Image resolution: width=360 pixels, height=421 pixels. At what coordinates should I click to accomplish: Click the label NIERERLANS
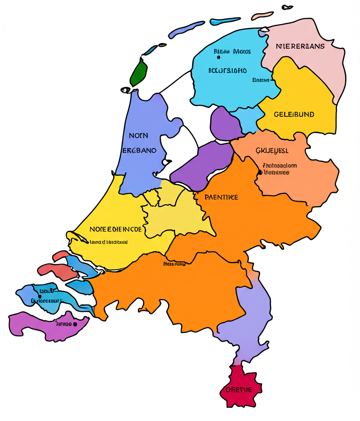click(300, 46)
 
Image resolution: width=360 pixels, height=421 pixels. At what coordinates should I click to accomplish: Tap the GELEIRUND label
click(294, 114)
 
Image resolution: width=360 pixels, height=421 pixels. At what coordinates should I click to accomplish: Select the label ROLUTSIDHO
click(228, 70)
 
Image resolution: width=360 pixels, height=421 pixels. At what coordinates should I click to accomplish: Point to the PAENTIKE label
click(221, 197)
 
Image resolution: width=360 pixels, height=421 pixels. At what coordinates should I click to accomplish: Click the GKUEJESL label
click(272, 150)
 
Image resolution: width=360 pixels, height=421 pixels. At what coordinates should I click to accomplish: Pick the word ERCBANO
click(139, 150)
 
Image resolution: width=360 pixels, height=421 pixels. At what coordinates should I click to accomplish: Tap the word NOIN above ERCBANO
click(138, 135)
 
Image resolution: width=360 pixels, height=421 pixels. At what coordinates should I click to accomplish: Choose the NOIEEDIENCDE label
click(116, 229)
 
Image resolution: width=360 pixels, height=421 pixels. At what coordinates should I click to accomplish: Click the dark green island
click(139, 72)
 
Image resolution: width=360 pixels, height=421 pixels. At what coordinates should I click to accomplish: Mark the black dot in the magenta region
click(75, 324)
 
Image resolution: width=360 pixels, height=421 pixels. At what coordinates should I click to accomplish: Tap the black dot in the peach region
click(260, 173)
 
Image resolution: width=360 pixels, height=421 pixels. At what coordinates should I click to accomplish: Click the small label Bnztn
click(260, 80)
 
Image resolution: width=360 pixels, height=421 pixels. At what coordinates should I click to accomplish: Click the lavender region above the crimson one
click(247, 321)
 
